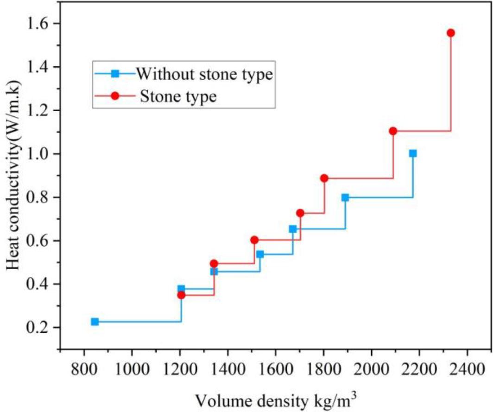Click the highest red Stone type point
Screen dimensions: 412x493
coord(450,33)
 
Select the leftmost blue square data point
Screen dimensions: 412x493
coord(95,322)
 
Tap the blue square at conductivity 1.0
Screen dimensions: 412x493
coord(413,153)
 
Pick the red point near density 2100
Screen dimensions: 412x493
coord(393,131)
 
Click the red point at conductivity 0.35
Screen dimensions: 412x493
coord(181,295)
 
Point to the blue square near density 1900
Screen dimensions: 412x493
coord(345,197)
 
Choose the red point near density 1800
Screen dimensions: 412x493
coord(324,178)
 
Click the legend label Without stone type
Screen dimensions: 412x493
coord(203,74)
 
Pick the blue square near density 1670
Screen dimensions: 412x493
coord(293,229)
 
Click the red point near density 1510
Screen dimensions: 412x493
coord(254,240)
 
